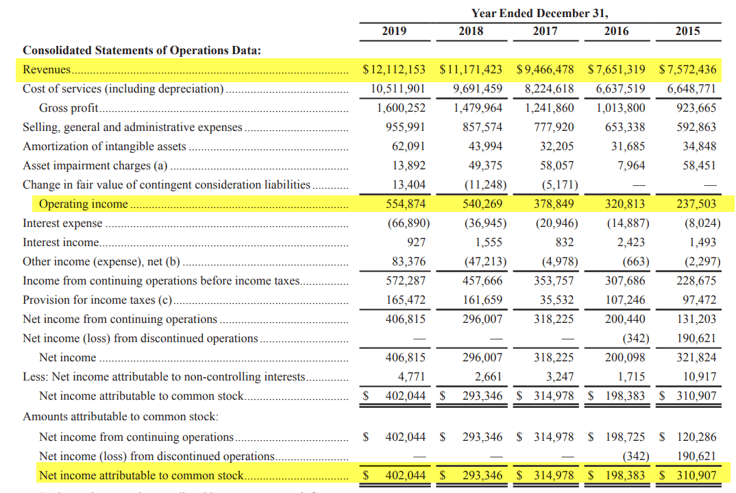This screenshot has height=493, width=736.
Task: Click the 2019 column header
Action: (x=394, y=31)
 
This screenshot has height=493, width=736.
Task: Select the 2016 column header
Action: (x=616, y=31)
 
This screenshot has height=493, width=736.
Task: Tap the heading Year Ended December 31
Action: (x=540, y=13)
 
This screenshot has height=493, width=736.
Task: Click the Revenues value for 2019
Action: (x=394, y=69)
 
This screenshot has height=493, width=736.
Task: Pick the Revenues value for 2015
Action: (x=687, y=69)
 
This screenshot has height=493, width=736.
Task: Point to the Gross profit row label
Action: (x=69, y=108)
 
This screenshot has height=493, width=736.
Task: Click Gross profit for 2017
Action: (x=549, y=108)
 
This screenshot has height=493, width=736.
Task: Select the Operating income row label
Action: (x=84, y=204)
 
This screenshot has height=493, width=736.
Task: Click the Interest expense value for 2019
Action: (x=408, y=223)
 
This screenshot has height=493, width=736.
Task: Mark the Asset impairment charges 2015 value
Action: (x=700, y=165)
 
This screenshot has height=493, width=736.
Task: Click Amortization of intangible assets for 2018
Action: (x=485, y=146)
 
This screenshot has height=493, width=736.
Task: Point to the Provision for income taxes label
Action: (x=97, y=300)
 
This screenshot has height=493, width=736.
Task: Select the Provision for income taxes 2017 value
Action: (x=556, y=300)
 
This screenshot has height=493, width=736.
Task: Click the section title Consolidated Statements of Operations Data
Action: (x=142, y=50)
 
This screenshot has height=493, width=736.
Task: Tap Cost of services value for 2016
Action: (x=621, y=88)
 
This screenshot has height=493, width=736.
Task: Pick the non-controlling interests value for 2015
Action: (x=700, y=376)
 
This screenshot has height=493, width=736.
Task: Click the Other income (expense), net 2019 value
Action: (x=408, y=261)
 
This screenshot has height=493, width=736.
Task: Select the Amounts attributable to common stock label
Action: (x=121, y=416)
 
